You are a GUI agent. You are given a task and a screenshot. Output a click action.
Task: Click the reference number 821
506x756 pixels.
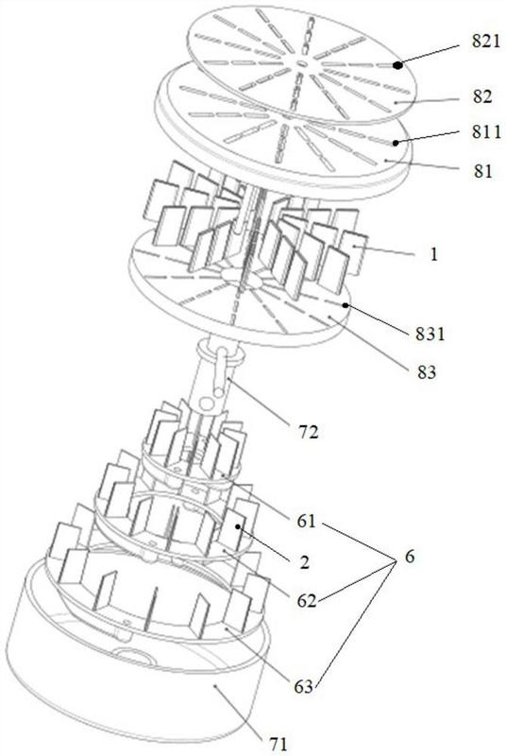tap(486, 42)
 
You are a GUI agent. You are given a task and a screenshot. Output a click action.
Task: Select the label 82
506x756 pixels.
tap(482, 97)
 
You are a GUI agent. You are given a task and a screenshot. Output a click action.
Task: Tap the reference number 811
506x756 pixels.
tap(486, 131)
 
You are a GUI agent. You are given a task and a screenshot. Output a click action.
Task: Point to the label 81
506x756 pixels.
tap(482, 171)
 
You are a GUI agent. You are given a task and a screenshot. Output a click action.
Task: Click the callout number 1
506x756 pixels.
tap(434, 254)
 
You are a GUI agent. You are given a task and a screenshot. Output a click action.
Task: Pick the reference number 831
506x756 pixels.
tap(430, 334)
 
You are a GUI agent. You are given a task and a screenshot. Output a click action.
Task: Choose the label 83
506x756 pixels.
tap(426, 371)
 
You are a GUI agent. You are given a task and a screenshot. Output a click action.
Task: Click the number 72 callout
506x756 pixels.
tap(308, 432)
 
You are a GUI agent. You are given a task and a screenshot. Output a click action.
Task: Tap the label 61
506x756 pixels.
tap(306, 522)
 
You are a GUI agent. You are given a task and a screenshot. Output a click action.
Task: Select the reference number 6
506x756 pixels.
tap(409, 557)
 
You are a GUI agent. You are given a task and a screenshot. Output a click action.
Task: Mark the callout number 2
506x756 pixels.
tap(304, 562)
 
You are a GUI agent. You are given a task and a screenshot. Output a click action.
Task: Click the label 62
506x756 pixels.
tap(306, 601)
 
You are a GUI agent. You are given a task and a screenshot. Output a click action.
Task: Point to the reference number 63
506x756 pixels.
tap(303, 687)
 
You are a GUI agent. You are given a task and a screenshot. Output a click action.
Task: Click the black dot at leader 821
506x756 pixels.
tap(397, 65)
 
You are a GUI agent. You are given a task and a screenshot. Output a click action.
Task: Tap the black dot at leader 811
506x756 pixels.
tap(396, 143)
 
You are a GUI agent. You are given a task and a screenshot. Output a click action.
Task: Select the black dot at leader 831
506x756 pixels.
tap(346, 305)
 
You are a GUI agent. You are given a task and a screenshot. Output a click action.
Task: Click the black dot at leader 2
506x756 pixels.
tap(238, 528)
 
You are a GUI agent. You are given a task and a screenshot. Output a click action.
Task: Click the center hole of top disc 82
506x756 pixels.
tap(302, 63)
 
